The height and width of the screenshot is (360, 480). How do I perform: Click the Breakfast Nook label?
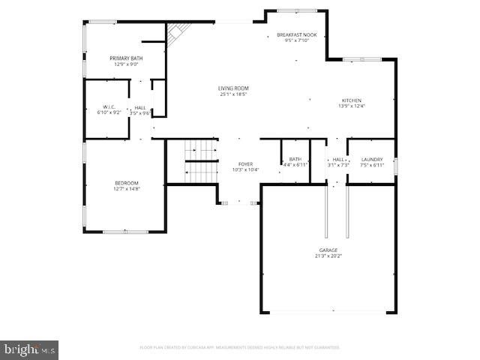[x=297, y=35]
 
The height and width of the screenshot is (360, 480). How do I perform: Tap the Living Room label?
[x=233, y=88]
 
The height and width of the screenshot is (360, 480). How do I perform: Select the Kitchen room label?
[x=352, y=100]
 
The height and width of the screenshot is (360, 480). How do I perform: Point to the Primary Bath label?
[x=126, y=58]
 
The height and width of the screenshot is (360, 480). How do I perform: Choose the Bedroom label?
[x=126, y=183]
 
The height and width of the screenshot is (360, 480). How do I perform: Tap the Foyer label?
[x=245, y=163]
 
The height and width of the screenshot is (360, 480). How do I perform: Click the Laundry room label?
[x=372, y=159]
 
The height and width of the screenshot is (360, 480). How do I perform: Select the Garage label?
[x=328, y=250]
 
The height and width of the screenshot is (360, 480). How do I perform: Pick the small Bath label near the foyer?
[x=295, y=159]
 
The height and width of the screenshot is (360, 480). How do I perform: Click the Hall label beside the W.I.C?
[x=140, y=107]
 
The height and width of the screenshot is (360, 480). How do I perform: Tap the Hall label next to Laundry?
[x=339, y=159]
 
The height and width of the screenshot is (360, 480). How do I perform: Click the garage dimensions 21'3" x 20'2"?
[x=328, y=256]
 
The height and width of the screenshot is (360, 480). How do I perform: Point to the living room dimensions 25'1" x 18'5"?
[x=233, y=95]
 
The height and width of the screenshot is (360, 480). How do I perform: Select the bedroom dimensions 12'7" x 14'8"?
[x=126, y=190]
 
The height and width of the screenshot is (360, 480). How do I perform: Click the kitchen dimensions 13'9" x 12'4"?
[x=352, y=106]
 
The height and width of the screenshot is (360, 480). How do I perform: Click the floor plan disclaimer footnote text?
[x=240, y=347]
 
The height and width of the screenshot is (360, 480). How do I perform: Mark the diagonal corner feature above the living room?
[x=177, y=33]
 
